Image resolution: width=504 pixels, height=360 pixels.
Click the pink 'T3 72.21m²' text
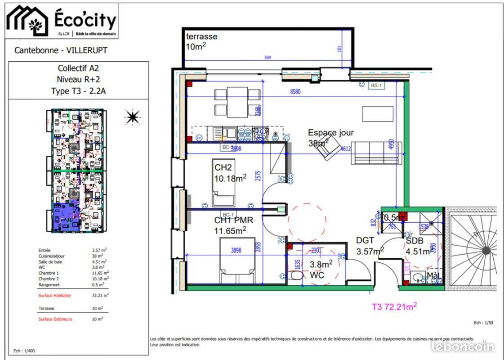pos(394,307)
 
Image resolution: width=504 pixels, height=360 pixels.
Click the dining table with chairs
pos(237,101)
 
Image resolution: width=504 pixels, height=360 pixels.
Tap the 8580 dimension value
pos(295,91)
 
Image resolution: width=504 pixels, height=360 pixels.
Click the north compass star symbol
pos(132,117)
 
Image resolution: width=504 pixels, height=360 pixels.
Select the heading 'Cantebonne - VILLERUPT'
pos(61,50)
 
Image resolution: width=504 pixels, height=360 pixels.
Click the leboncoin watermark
pos(463,346)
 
